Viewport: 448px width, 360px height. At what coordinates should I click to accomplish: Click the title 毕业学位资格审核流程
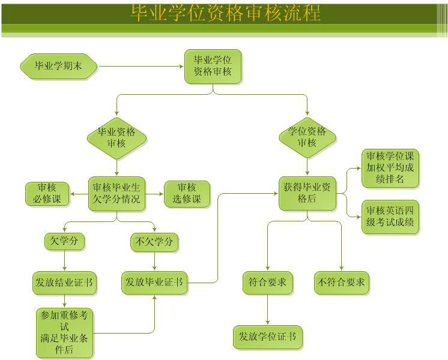(x=225, y=13)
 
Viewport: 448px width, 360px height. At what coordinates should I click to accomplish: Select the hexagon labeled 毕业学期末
(x=58, y=66)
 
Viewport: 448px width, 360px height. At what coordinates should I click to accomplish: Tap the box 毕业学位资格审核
(x=213, y=66)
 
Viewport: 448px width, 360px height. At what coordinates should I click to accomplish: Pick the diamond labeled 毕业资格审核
(x=117, y=137)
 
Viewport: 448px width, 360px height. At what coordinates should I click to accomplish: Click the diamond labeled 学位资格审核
(x=307, y=137)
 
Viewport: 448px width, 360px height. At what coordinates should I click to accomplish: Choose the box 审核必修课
(x=47, y=194)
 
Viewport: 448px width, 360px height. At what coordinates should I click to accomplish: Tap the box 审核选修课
(x=187, y=194)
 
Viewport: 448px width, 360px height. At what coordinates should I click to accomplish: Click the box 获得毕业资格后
(x=307, y=193)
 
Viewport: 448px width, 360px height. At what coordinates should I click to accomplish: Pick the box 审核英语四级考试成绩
(x=390, y=217)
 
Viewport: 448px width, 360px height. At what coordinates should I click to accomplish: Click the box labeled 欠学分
(x=64, y=242)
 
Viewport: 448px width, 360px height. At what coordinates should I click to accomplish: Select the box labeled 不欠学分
(x=155, y=242)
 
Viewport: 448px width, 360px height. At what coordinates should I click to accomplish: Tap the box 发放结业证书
(x=65, y=282)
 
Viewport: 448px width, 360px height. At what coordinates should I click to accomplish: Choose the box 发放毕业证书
(x=155, y=282)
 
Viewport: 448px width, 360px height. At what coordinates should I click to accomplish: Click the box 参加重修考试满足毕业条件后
(x=64, y=332)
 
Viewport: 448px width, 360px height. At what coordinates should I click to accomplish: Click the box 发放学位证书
(x=268, y=337)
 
